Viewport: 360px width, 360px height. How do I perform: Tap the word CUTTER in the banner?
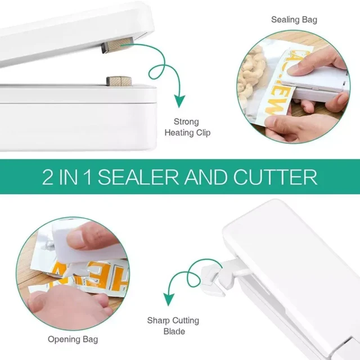click(275, 177)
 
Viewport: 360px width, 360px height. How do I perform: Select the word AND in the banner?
click(206, 177)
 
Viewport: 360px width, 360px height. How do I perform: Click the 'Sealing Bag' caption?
click(294, 20)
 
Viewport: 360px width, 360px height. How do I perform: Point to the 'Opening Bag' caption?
click(73, 339)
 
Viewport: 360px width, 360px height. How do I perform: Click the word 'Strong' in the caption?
click(186, 121)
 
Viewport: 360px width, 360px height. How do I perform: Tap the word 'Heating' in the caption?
click(176, 133)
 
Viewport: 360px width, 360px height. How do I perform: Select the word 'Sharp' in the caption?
click(159, 321)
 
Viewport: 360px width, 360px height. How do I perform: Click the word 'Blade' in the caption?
click(174, 331)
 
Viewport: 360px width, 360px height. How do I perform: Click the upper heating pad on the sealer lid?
click(117, 45)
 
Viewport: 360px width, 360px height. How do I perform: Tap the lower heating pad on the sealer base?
click(119, 81)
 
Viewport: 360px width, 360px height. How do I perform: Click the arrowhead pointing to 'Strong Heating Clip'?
click(179, 101)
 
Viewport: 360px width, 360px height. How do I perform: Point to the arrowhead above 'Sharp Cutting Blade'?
click(169, 299)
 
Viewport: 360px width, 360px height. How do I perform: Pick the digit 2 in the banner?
click(47, 177)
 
